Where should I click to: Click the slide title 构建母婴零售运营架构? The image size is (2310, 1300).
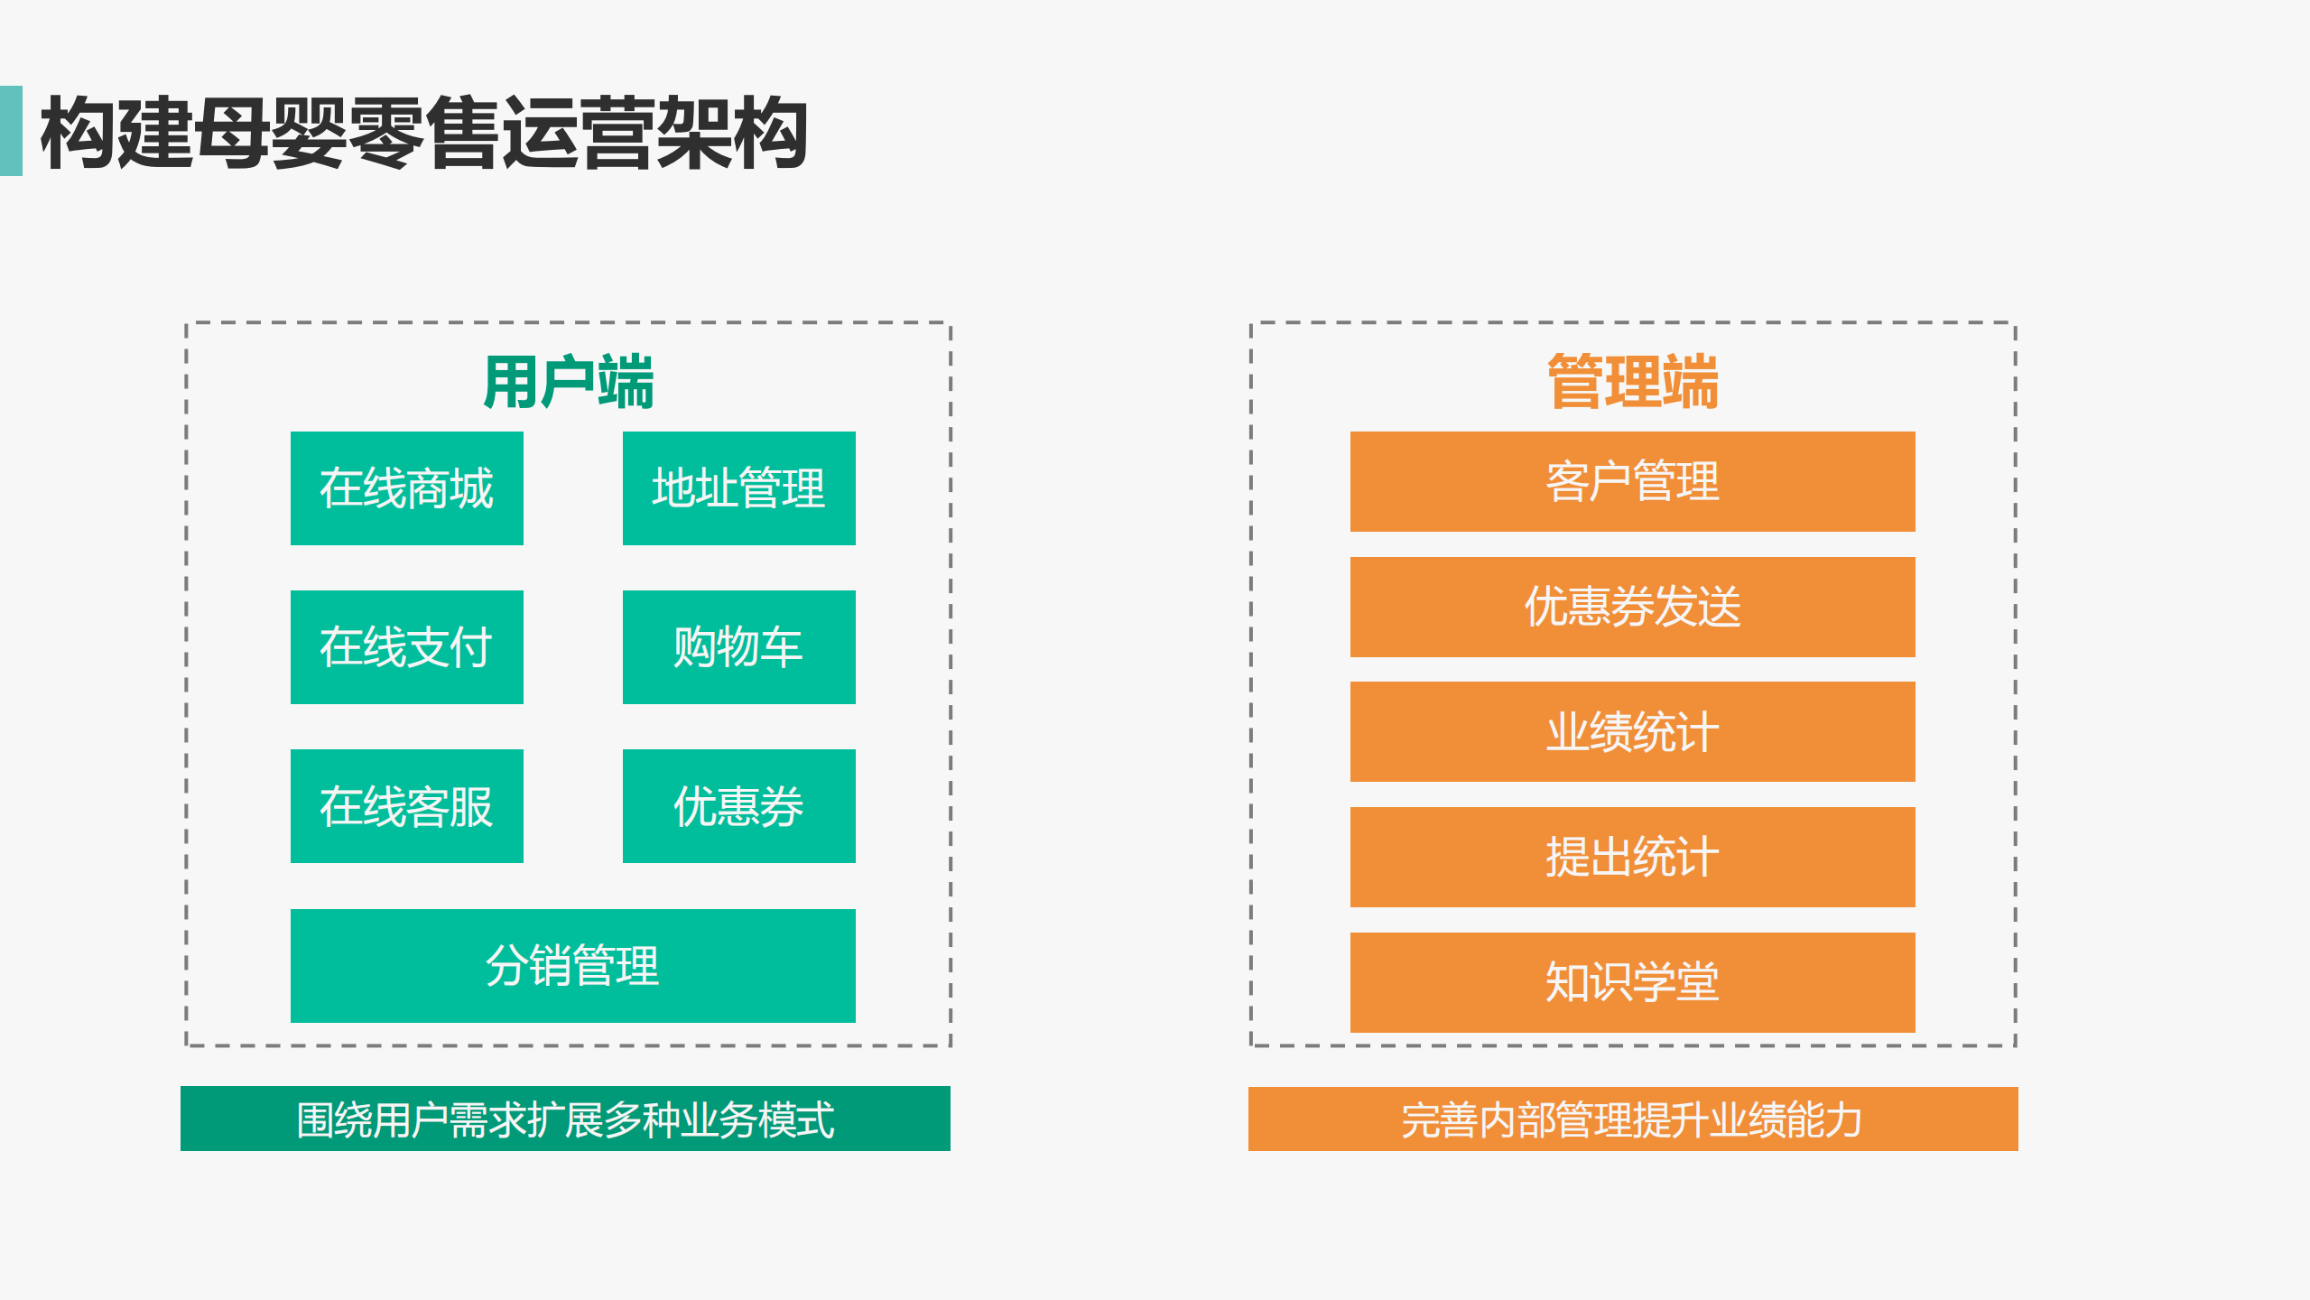pyautogui.click(x=423, y=133)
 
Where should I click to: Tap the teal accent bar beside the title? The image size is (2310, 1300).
pyautogui.click(x=11, y=131)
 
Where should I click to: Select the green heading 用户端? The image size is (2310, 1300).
pyautogui.click(x=569, y=382)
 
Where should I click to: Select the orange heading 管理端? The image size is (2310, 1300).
pyautogui.click(x=1632, y=382)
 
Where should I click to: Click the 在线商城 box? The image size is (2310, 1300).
pyautogui.click(x=407, y=488)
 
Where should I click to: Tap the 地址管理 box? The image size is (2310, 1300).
pyautogui.click(x=739, y=488)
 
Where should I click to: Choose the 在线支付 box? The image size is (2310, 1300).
pyautogui.click(x=407, y=647)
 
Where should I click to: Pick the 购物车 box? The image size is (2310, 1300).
pyautogui.click(x=739, y=647)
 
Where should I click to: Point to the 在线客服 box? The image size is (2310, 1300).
pyautogui.click(x=407, y=806)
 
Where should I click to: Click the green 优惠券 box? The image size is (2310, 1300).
pyautogui.click(x=739, y=806)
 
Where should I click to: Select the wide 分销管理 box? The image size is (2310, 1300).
pyautogui.click(x=573, y=966)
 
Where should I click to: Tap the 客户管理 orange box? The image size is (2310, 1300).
pyautogui.click(x=1633, y=481)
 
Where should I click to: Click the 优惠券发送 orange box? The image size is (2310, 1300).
pyautogui.click(x=1633, y=607)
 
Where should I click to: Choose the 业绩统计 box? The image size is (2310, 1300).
pyautogui.click(x=1633, y=731)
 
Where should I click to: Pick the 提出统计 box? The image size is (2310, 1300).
pyautogui.click(x=1633, y=857)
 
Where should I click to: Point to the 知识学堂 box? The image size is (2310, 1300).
pyautogui.click(x=1633, y=982)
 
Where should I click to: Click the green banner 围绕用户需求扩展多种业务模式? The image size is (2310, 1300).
pyautogui.click(x=565, y=1119)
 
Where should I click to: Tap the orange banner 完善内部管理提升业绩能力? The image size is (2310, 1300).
pyautogui.click(x=1633, y=1119)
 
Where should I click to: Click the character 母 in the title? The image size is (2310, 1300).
pyautogui.click(x=231, y=133)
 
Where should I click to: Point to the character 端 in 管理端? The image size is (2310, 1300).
pyautogui.click(x=1690, y=382)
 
